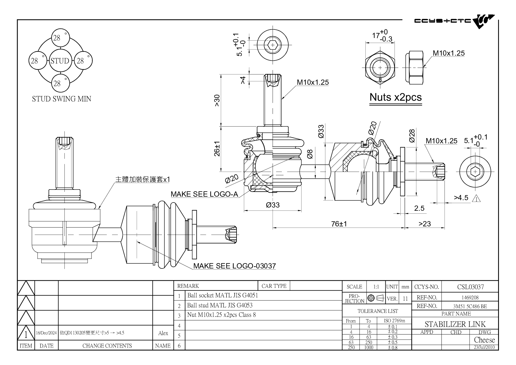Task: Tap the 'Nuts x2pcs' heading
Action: click(395, 97)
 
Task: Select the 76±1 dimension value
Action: click(339, 224)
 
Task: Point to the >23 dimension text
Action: click(425, 224)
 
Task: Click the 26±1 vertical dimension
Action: click(217, 149)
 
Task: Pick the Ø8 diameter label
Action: click(310, 154)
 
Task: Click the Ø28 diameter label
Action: click(412, 136)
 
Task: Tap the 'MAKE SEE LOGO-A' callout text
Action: click(204, 194)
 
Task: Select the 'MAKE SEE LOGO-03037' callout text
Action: click(234, 266)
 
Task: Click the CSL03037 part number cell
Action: click(470, 287)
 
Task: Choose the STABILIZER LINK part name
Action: click(455, 324)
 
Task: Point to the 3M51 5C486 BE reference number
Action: click(470, 306)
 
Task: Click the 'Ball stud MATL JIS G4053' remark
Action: click(220, 305)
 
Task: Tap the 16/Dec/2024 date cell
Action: click(46, 333)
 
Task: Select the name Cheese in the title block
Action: click(484, 340)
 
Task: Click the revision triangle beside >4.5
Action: click(476, 199)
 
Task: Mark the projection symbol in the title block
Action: click(376, 298)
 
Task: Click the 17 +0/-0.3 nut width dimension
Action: click(382, 36)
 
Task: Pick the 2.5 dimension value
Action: click(419, 208)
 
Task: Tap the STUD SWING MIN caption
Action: click(61, 99)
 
